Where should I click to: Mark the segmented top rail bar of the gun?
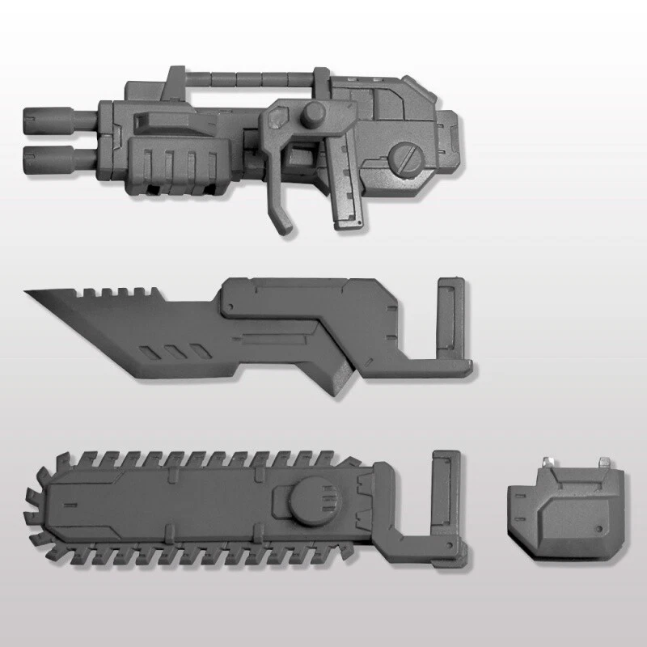(243, 79)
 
